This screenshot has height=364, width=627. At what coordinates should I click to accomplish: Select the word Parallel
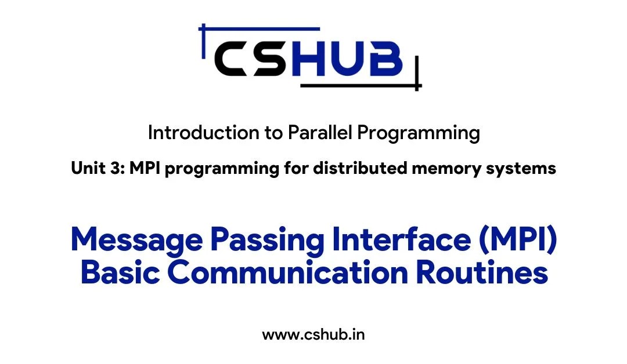tap(320, 133)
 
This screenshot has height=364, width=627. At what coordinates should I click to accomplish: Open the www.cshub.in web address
tap(313, 334)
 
